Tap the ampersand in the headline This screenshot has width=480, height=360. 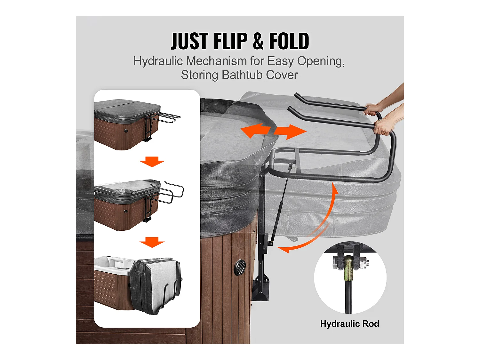tap(258, 41)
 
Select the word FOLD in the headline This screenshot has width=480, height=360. tap(289, 41)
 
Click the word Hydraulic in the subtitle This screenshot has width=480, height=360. tap(158, 61)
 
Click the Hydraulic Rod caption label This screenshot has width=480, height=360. tap(349, 324)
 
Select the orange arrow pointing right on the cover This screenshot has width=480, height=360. tap(290, 132)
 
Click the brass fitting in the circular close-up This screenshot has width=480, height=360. tap(348, 268)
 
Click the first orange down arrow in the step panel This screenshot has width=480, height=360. tap(152, 162)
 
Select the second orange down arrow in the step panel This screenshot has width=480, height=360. tap(152, 242)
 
